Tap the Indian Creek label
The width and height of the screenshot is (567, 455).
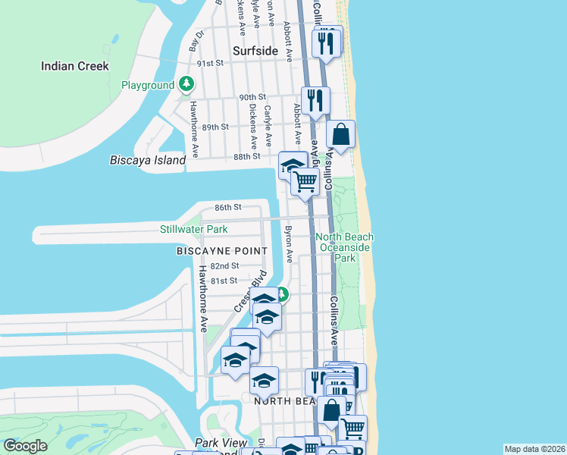point(75,66)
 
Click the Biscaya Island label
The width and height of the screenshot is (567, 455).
point(148,160)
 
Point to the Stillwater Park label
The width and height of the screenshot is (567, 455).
point(193,229)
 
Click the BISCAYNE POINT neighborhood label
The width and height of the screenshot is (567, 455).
point(221,250)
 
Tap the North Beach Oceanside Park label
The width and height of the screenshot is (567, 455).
point(345,247)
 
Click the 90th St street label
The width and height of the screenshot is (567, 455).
point(252,97)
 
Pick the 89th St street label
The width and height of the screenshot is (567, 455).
point(215,127)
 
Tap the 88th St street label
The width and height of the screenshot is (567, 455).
point(247,156)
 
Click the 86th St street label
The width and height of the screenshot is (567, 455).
point(227,207)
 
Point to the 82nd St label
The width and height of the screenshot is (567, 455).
point(224,266)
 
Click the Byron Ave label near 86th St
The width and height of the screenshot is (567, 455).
point(288,243)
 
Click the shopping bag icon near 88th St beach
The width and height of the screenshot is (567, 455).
point(341,135)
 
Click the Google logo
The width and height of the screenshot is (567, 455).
point(25,446)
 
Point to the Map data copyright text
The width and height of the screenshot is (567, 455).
point(534,449)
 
